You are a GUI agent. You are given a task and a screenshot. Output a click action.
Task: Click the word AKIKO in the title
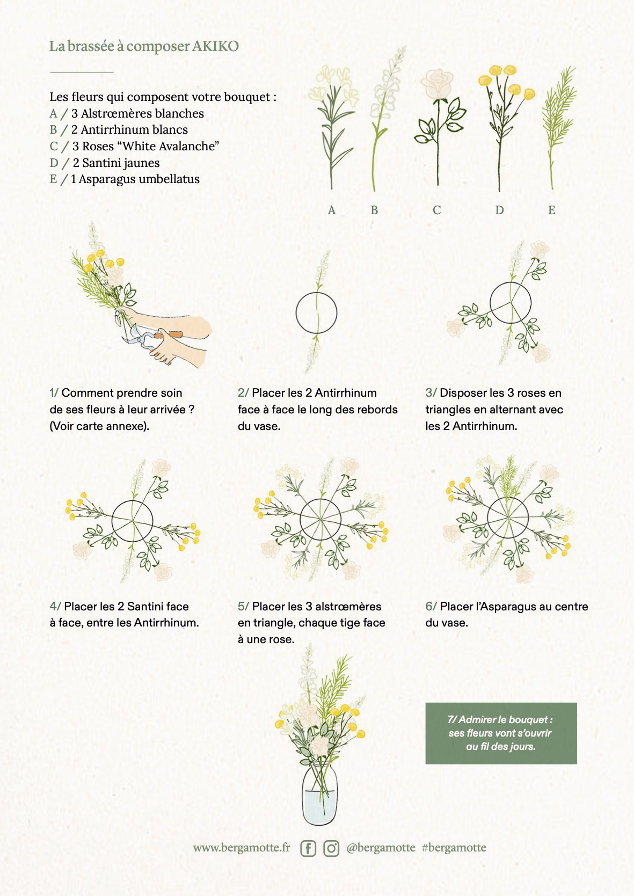click(215, 46)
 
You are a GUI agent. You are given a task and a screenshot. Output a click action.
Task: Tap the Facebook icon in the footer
click(308, 848)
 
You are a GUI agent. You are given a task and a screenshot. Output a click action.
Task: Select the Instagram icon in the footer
click(331, 848)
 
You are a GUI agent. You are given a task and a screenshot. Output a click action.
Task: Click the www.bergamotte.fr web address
click(242, 848)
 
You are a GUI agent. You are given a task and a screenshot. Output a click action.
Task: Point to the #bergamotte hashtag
click(454, 847)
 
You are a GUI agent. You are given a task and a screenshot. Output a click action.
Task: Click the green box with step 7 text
click(501, 733)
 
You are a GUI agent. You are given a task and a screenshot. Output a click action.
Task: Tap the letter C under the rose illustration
click(437, 210)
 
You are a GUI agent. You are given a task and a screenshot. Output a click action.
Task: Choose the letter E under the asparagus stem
click(552, 210)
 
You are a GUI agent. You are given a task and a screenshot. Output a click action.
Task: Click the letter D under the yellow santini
click(499, 210)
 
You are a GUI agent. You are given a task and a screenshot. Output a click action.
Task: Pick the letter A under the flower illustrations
click(332, 210)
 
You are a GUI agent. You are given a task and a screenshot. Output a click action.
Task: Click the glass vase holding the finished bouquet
click(319, 794)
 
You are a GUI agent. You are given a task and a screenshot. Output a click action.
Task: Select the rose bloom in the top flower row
click(437, 84)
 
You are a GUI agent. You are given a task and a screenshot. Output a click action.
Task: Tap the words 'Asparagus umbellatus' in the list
click(139, 179)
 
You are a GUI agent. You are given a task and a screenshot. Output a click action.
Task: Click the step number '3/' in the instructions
click(431, 393)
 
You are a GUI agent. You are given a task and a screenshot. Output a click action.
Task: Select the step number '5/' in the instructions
click(243, 607)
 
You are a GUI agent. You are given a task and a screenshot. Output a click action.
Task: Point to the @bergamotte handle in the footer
click(381, 848)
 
